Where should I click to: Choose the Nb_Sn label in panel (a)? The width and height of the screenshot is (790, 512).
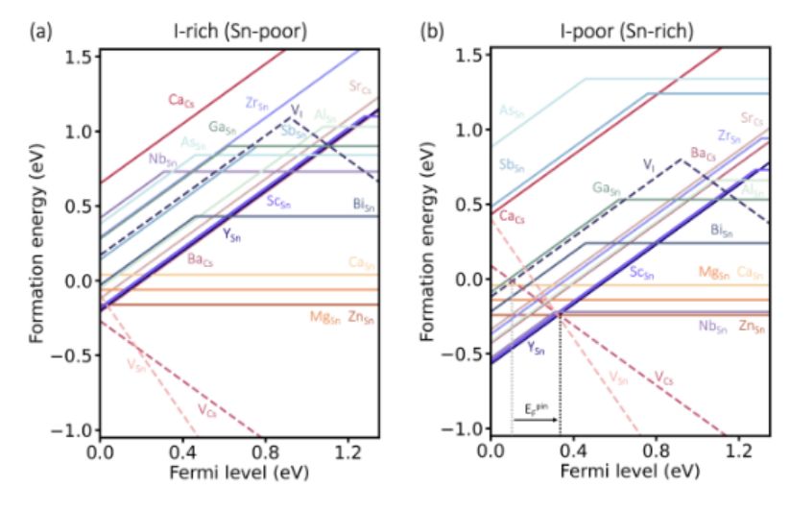coord(163,159)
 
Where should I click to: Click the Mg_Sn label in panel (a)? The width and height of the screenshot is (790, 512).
coord(323,317)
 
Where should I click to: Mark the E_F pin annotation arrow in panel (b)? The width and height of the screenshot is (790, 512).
coord(536,419)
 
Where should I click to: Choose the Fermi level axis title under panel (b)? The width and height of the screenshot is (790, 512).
coord(632,474)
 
